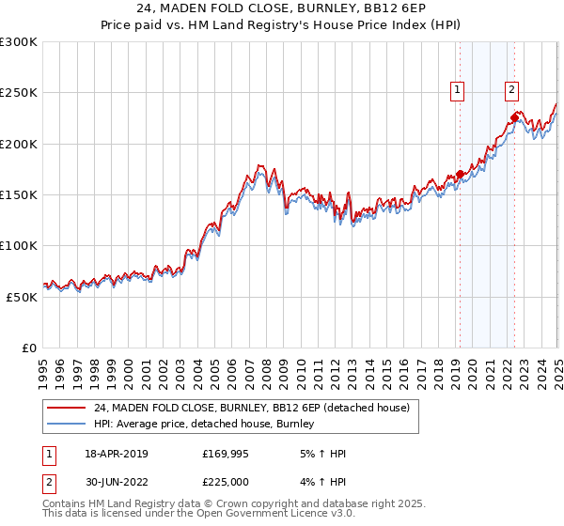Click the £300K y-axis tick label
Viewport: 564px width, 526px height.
click(x=19, y=42)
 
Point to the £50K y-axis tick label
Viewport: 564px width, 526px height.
click(x=22, y=297)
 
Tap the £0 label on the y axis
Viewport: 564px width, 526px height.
click(x=30, y=348)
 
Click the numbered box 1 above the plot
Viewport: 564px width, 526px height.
click(x=458, y=90)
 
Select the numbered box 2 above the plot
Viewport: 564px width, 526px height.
click(x=511, y=90)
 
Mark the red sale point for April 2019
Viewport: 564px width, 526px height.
click(x=461, y=174)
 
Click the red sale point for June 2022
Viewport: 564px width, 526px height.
click(x=515, y=118)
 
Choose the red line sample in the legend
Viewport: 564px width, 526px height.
click(x=65, y=409)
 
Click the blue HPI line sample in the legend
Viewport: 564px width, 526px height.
click(x=65, y=425)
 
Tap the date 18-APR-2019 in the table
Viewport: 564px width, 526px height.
click(x=116, y=454)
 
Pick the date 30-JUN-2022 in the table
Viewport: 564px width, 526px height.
click(x=116, y=480)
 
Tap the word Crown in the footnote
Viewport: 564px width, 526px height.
click(x=229, y=504)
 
